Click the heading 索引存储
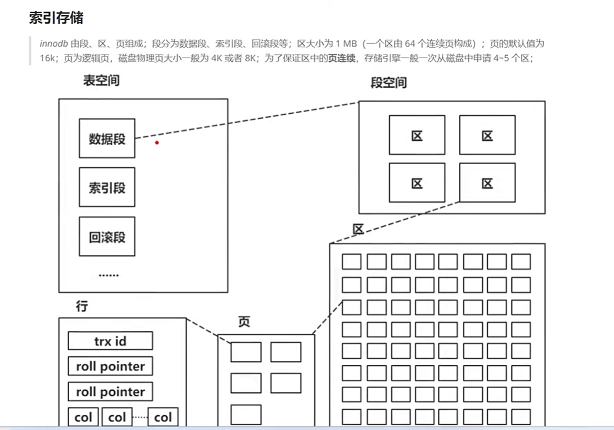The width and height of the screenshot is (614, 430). pyautogui.click(x=56, y=18)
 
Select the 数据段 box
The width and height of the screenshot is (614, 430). pyautogui.click(x=107, y=138)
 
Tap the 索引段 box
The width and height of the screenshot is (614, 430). pyautogui.click(x=107, y=187)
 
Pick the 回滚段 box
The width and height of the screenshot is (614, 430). pyautogui.click(x=107, y=236)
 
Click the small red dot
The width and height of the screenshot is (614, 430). pyautogui.click(x=157, y=142)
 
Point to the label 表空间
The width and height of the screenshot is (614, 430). pyautogui.click(x=101, y=81)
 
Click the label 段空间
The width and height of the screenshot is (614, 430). pyautogui.click(x=389, y=83)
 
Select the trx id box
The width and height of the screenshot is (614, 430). pyautogui.click(x=110, y=341)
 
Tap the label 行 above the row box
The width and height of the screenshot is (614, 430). pyautogui.click(x=82, y=307)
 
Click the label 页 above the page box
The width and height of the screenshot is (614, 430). pyautogui.click(x=244, y=321)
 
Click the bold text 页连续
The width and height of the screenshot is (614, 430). pyautogui.click(x=342, y=58)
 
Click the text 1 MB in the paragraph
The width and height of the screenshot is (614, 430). pyautogui.click(x=346, y=44)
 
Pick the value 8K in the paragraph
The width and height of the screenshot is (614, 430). pyautogui.click(x=249, y=58)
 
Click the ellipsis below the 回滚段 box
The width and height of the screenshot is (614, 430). pyautogui.click(x=109, y=274)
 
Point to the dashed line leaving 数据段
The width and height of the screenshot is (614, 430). pyautogui.click(x=246, y=120)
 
